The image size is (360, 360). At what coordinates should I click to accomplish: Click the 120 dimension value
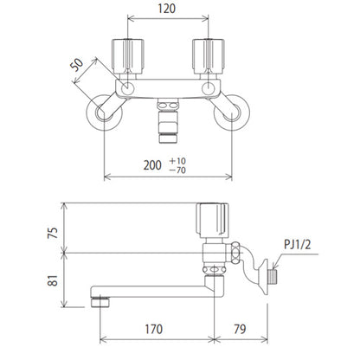[166, 9]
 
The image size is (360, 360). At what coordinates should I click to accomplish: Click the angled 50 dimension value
[77, 65]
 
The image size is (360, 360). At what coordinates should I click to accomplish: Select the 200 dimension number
[152, 165]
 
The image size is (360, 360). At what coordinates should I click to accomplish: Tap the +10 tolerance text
[177, 161]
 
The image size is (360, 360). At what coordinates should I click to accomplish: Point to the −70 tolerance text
[177, 170]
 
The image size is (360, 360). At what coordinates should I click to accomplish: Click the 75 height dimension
[53, 233]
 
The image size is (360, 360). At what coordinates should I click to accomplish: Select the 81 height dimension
[53, 280]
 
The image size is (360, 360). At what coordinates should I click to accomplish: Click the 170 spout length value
[154, 329]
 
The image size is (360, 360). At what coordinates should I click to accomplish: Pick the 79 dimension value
[240, 329]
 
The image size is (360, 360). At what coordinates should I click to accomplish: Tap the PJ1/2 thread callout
[298, 245]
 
